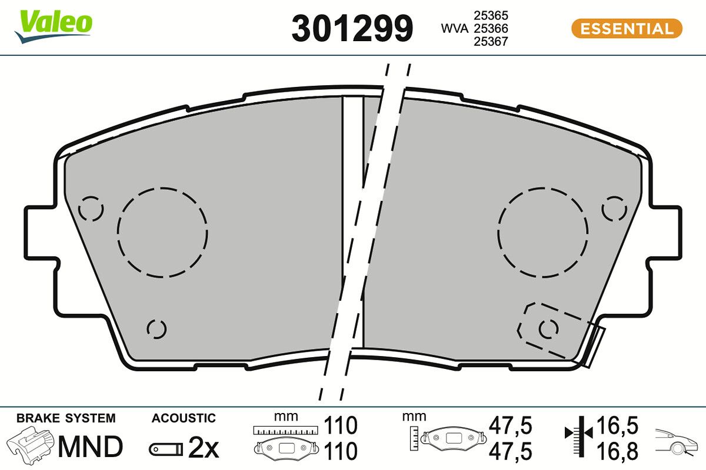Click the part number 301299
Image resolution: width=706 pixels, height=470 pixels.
[352, 28]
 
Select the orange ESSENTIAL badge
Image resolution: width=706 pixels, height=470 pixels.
[627, 29]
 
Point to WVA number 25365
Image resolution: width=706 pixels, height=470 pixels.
[491, 15]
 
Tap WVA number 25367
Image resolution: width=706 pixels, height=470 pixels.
[491, 42]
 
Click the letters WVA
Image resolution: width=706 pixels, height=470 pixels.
[454, 29]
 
